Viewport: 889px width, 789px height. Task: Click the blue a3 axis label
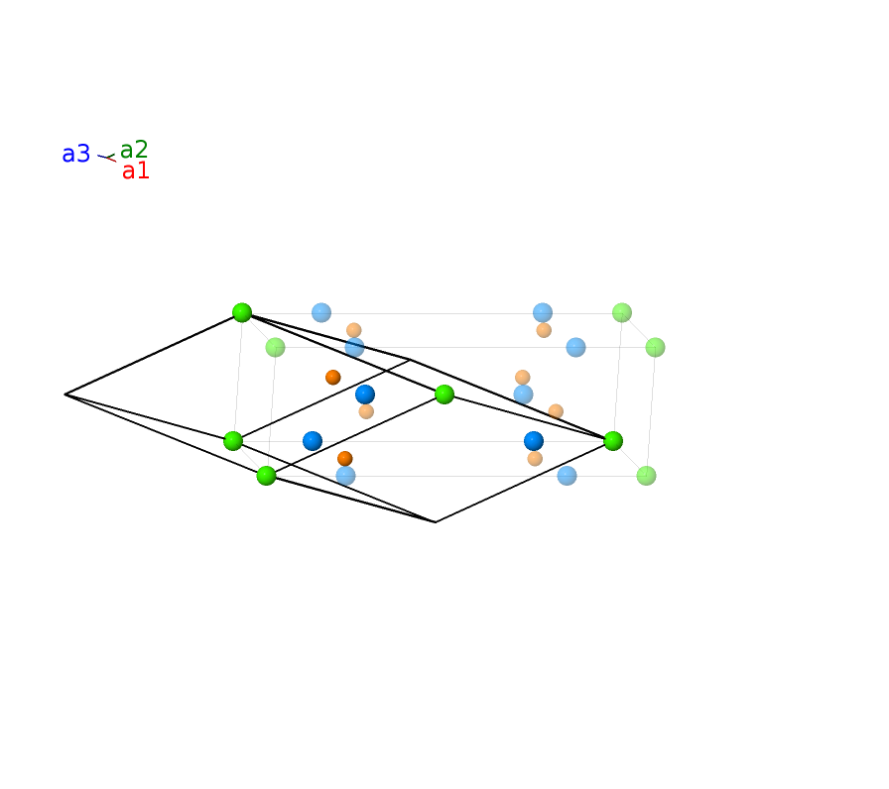[76, 154]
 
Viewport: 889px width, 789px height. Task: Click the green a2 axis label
[134, 150]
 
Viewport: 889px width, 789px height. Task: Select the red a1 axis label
[136, 170]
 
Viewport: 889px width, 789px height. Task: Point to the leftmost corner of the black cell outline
[64, 394]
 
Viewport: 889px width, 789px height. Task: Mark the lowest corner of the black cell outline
[435, 521]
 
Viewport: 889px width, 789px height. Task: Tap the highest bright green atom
[242, 312]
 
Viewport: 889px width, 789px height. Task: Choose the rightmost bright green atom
[613, 441]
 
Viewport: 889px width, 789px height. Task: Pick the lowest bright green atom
[266, 475]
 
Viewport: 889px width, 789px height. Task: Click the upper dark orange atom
[332, 378]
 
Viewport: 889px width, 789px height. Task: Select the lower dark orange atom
[344, 458]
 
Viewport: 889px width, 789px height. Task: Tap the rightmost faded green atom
[655, 347]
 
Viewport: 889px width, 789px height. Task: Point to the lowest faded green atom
[646, 476]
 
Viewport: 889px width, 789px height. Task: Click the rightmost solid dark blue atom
[534, 441]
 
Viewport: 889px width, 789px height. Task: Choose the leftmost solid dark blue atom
[313, 441]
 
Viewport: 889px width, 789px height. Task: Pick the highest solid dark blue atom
[365, 394]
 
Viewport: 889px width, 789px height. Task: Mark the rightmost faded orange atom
[556, 411]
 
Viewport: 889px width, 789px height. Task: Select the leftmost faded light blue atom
[321, 312]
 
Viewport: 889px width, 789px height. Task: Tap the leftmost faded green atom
[275, 347]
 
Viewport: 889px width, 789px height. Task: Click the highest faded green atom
[622, 312]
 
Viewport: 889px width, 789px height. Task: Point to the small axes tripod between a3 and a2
[106, 158]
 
